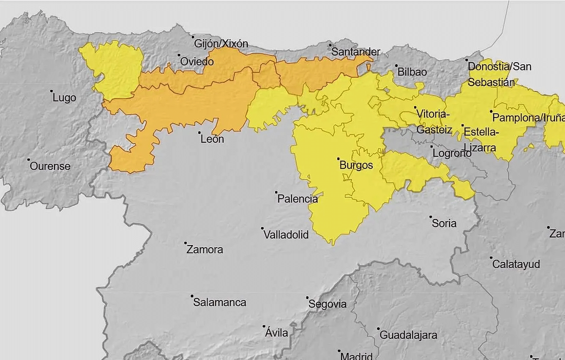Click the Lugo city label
pos(64,98)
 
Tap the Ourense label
pos(50,166)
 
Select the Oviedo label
pos(197,62)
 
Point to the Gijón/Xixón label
pos(221,44)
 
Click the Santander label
pos(356,52)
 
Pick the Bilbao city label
pos(412,72)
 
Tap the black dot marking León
pos(199,133)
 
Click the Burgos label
pos(356,165)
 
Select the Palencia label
pos(298,199)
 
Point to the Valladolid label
pos(286,235)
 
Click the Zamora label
pos(205,250)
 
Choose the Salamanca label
pos(220,303)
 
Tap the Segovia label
pos(328,304)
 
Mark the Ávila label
pos(276,333)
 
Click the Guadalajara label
pos(409,335)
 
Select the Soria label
pos(444,223)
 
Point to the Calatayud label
pos(516,265)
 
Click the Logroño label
pos(452,153)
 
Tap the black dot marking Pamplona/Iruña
pos(491,112)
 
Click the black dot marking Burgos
pos(338,159)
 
